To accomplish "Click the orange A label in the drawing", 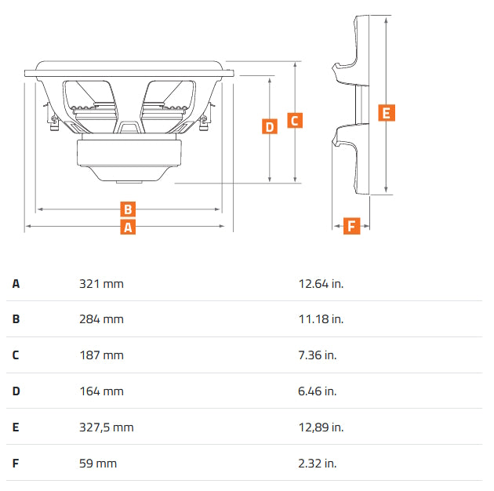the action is pyautogui.click(x=128, y=227).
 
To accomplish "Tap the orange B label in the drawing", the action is pyautogui.click(x=128, y=209).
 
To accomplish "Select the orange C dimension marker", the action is pyautogui.click(x=295, y=120).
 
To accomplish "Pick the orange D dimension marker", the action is pyautogui.click(x=270, y=126).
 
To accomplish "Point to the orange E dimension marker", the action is pyautogui.click(x=387, y=113).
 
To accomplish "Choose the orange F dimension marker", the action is pyautogui.click(x=351, y=226).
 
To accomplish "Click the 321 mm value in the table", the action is pyautogui.click(x=101, y=284).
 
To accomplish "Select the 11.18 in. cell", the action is pyautogui.click(x=321, y=319).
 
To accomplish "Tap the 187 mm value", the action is pyautogui.click(x=101, y=355).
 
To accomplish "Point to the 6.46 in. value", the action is pyautogui.click(x=318, y=391).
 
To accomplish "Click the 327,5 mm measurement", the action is pyautogui.click(x=107, y=427).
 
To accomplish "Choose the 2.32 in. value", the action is pyautogui.click(x=318, y=464).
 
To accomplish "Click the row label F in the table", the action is pyautogui.click(x=16, y=464).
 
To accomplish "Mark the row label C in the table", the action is pyautogui.click(x=16, y=355).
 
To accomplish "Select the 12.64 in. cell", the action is pyautogui.click(x=321, y=284).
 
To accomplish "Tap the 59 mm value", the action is pyautogui.click(x=98, y=464).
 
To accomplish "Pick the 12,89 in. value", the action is pyautogui.click(x=321, y=427).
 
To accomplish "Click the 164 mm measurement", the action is pyautogui.click(x=101, y=391).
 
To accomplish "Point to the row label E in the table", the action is pyautogui.click(x=16, y=427).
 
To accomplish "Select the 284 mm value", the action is pyautogui.click(x=101, y=319).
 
